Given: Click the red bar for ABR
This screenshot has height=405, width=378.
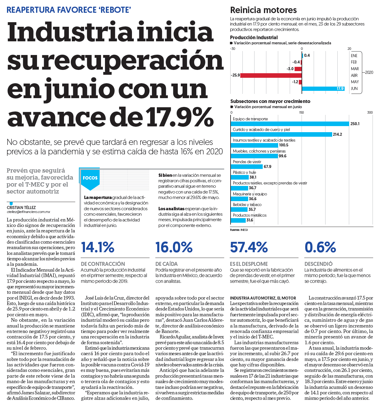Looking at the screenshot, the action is pyautogui.click(x=271, y=75).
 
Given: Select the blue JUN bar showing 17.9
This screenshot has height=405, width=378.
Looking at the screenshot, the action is pyautogui.click(x=323, y=88).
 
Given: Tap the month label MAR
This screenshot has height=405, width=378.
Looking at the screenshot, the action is pyautogui.click(x=355, y=69).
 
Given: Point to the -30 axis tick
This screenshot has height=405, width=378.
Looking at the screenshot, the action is pyautogui.click(x=233, y=49).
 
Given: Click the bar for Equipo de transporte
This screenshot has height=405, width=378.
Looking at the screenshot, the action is pyautogui.click(x=290, y=124).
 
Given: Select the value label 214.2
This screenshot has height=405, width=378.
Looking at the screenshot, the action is pyautogui.click(x=337, y=134).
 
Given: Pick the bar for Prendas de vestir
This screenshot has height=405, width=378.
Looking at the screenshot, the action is pyautogui.click(x=247, y=166).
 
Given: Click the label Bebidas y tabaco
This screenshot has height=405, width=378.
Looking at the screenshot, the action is pyautogui.click(x=247, y=204).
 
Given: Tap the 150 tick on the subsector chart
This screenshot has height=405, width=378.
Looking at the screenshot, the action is pyautogui.click(x=302, y=112).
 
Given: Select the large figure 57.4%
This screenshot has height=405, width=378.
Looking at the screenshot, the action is pyautogui.click(x=249, y=247).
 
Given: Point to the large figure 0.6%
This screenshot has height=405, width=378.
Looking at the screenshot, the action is pyautogui.click(x=320, y=247).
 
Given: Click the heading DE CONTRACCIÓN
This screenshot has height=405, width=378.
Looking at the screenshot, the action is pyautogui.click(x=103, y=264).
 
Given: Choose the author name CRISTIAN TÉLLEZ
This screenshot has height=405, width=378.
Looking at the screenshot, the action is pyautogui.click(x=21, y=208).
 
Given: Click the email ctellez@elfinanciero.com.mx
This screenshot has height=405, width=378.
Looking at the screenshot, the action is pyautogui.click(x=28, y=212).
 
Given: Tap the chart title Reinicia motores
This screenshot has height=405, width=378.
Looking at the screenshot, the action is pyautogui.click(x=263, y=10).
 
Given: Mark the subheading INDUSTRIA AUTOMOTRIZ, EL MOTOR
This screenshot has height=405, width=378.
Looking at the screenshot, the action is pyautogui.click(x=263, y=298).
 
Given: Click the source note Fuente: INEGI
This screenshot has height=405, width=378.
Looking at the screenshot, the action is pyautogui.click(x=239, y=230).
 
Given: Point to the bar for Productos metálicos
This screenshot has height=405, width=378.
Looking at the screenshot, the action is pyautogui.click(x=238, y=220).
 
